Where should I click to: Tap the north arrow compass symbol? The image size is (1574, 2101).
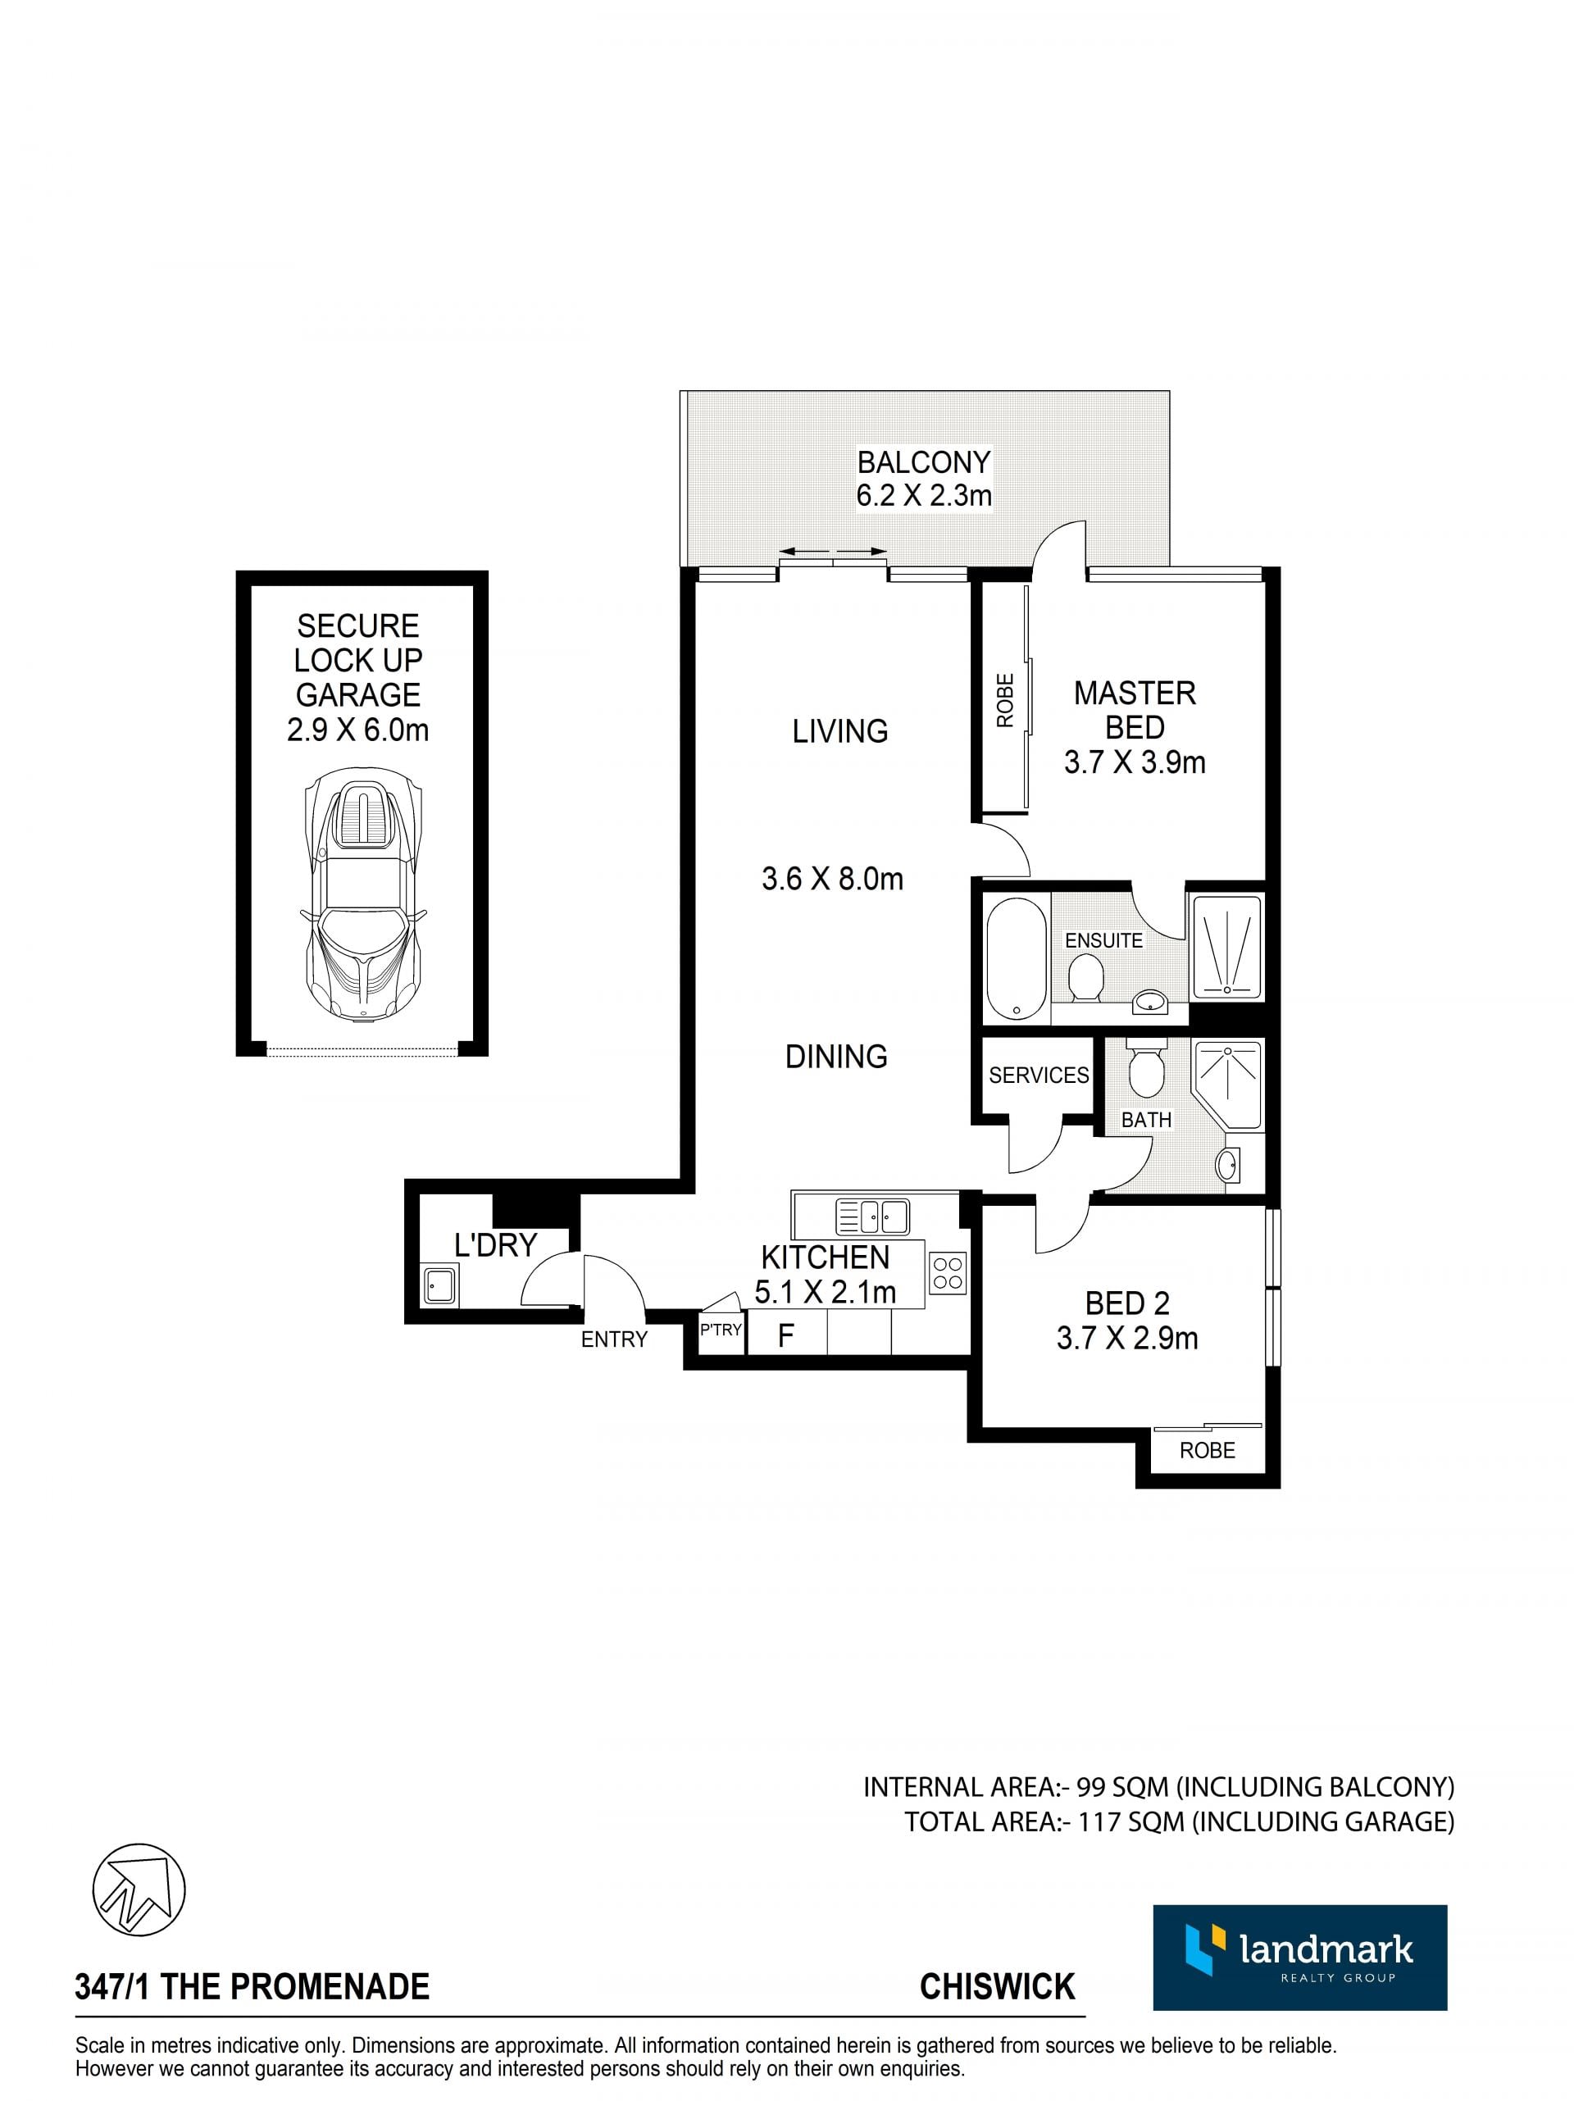click(139, 1888)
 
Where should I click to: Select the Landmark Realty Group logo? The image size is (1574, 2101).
click(1299, 1958)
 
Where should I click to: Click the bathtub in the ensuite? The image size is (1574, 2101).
click(1017, 957)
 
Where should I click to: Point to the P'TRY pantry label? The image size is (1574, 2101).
click(720, 1330)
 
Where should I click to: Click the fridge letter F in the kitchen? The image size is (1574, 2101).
click(785, 1336)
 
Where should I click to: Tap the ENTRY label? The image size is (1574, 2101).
click(615, 1339)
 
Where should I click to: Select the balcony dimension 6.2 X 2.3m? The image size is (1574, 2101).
click(923, 495)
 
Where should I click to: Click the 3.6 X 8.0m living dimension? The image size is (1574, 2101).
click(832, 879)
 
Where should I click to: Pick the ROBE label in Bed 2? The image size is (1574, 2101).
click(1208, 1450)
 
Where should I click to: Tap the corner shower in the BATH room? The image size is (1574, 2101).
click(1227, 1085)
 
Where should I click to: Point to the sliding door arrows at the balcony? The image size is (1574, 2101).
click(833, 551)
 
